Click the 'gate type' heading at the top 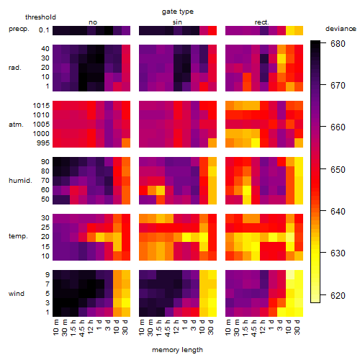pyautogui.click(x=178, y=12)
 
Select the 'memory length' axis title pyautogui.click(x=177, y=350)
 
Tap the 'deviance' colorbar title pyautogui.click(x=341, y=29)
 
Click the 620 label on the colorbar pyautogui.click(x=338, y=295)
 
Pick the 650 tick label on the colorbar pyautogui.click(x=338, y=169)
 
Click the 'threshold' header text pyautogui.click(x=40, y=17)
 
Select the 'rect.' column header pyautogui.click(x=262, y=22)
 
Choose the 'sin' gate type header pyautogui.click(x=177, y=22)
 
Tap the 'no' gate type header pyautogui.click(x=93, y=22)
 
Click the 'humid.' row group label pyautogui.click(x=20, y=181)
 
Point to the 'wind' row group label pyautogui.click(x=17, y=294)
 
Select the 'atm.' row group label pyautogui.click(x=16, y=125)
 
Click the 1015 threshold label pyautogui.click(x=41, y=106)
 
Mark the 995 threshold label pyautogui.click(x=43, y=143)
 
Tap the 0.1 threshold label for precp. pyautogui.click(x=44, y=30)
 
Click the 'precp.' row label pyautogui.click(x=19, y=29)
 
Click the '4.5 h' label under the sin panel pyautogui.click(x=168, y=328)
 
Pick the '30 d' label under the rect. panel pyautogui.click(x=297, y=327)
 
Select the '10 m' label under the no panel pyautogui.click(x=55, y=328)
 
